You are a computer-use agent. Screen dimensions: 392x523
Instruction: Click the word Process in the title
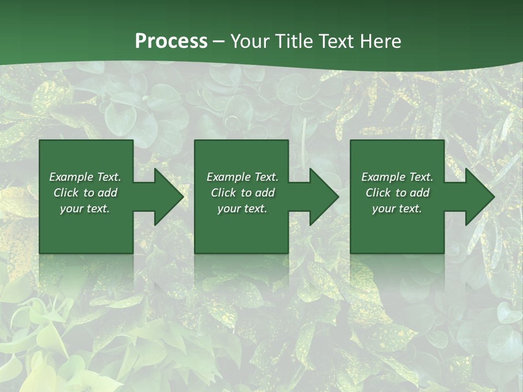(171, 41)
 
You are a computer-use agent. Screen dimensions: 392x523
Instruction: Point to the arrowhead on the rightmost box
(479, 197)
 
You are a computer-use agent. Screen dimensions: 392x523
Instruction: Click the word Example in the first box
(71, 177)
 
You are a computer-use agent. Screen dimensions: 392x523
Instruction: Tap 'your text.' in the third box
(397, 209)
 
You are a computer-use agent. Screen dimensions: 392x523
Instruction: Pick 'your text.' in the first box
(85, 209)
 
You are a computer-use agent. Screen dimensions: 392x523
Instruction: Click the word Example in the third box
(383, 177)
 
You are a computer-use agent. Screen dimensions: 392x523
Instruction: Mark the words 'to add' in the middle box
(258, 193)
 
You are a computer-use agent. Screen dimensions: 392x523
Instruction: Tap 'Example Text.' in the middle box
(242, 177)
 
